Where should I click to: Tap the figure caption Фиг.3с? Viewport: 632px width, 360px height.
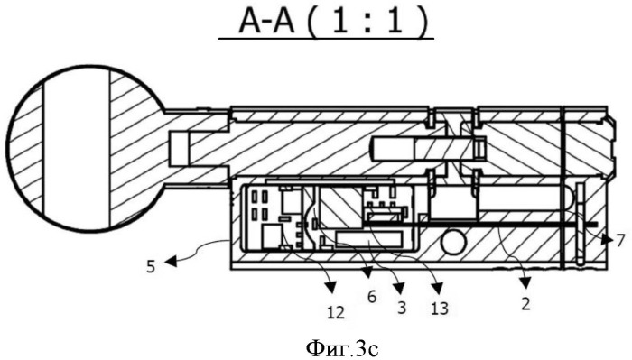point(342,349)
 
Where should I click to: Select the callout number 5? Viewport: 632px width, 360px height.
point(151,266)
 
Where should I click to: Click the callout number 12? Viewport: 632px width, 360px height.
point(336,312)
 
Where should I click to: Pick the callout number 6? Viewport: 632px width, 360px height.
point(372,297)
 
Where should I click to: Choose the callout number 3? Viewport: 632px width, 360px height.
point(401,307)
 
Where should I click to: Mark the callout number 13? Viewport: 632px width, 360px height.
point(440,309)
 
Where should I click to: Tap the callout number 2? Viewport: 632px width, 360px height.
point(525,303)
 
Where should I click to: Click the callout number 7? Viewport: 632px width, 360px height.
point(620,240)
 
